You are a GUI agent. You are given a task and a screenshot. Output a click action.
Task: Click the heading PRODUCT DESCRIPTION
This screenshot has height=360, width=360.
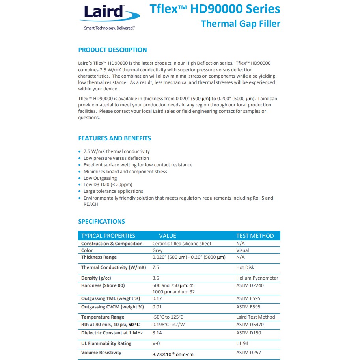(112, 50)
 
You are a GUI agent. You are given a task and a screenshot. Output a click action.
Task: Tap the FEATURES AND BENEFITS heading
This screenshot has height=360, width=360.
(114, 138)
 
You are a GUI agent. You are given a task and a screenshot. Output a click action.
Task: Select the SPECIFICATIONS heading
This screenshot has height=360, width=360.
(101, 222)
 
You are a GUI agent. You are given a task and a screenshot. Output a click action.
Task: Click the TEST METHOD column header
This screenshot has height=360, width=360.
(255, 236)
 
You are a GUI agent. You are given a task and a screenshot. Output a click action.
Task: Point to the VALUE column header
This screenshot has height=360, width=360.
(168, 236)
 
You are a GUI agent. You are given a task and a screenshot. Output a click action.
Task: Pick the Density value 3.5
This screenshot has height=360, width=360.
(155, 278)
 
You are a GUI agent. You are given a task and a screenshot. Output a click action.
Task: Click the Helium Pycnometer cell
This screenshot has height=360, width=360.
(257, 278)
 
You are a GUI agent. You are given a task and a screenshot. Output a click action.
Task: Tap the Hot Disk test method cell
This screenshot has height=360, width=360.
(245, 267)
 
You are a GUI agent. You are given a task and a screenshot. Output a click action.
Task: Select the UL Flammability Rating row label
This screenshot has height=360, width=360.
(106, 343)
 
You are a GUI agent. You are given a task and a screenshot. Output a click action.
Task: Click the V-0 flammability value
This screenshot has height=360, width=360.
(156, 343)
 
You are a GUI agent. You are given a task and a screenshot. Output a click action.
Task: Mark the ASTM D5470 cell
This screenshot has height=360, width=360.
(250, 325)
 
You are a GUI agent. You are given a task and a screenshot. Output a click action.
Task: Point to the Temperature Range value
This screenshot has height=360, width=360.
(168, 317)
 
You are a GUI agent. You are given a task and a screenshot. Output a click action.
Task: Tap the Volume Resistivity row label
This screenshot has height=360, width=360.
(101, 353)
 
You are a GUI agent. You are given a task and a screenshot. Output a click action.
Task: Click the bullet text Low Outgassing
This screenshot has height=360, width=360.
(100, 178)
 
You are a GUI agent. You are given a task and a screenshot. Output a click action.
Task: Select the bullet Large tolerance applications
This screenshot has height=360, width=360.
(113, 191)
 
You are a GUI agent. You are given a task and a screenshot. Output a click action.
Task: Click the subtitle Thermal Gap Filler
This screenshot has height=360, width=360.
(241, 24)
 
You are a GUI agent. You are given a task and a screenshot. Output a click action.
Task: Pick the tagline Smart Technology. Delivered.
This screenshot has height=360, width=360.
(109, 28)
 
